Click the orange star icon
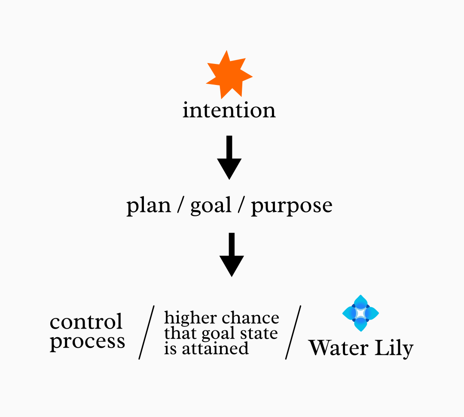[x=229, y=76]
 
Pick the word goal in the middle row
[x=211, y=206]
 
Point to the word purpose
[x=291, y=206]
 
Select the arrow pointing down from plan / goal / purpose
[x=232, y=254]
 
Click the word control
[x=86, y=322]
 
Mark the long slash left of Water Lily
[x=293, y=332]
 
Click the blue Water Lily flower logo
[x=360, y=313]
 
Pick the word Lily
[x=393, y=348]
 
